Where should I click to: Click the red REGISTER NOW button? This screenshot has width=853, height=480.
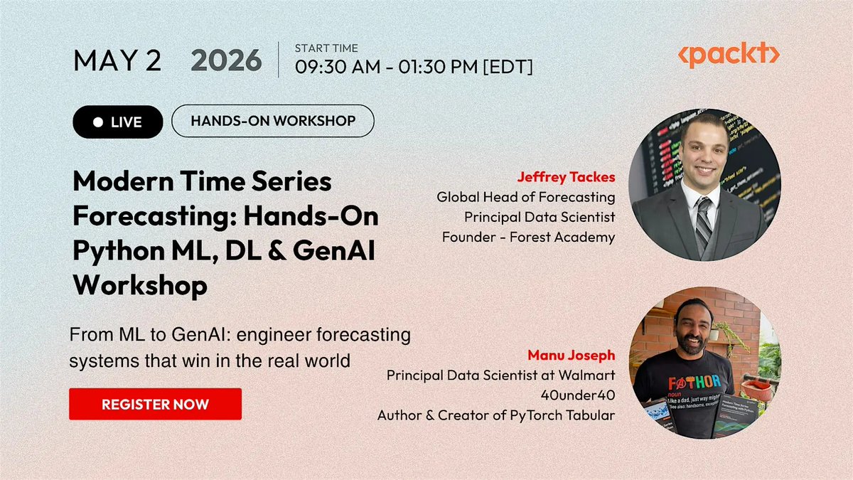156,404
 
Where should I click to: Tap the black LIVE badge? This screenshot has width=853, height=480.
118,122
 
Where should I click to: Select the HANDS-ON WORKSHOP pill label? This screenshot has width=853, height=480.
273,121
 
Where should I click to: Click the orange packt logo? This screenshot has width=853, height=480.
729,55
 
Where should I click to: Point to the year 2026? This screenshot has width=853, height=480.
226,60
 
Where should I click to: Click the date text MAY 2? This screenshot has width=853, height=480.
117,60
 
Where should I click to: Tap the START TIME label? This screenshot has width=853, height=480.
326,48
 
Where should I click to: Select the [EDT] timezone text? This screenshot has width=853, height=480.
508,67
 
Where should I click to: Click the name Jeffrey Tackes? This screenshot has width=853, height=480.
567,177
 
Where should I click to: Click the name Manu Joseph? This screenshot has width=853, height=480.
572,355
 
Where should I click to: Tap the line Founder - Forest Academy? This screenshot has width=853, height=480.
529,237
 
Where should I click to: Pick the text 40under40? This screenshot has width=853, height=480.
578,395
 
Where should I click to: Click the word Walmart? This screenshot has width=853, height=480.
587,375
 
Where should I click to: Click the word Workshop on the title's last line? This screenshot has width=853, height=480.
140,285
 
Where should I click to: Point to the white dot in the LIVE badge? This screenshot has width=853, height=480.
98,122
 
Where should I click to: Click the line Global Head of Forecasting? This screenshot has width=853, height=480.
526,197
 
